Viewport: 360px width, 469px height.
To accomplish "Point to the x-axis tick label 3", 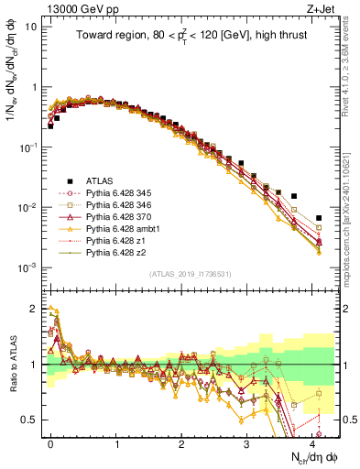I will [246, 443].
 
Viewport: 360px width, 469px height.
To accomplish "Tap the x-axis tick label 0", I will [50, 443].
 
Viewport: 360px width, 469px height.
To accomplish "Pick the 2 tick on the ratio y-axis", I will [34, 309].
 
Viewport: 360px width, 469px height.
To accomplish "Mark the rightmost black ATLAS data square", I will [319, 218].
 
